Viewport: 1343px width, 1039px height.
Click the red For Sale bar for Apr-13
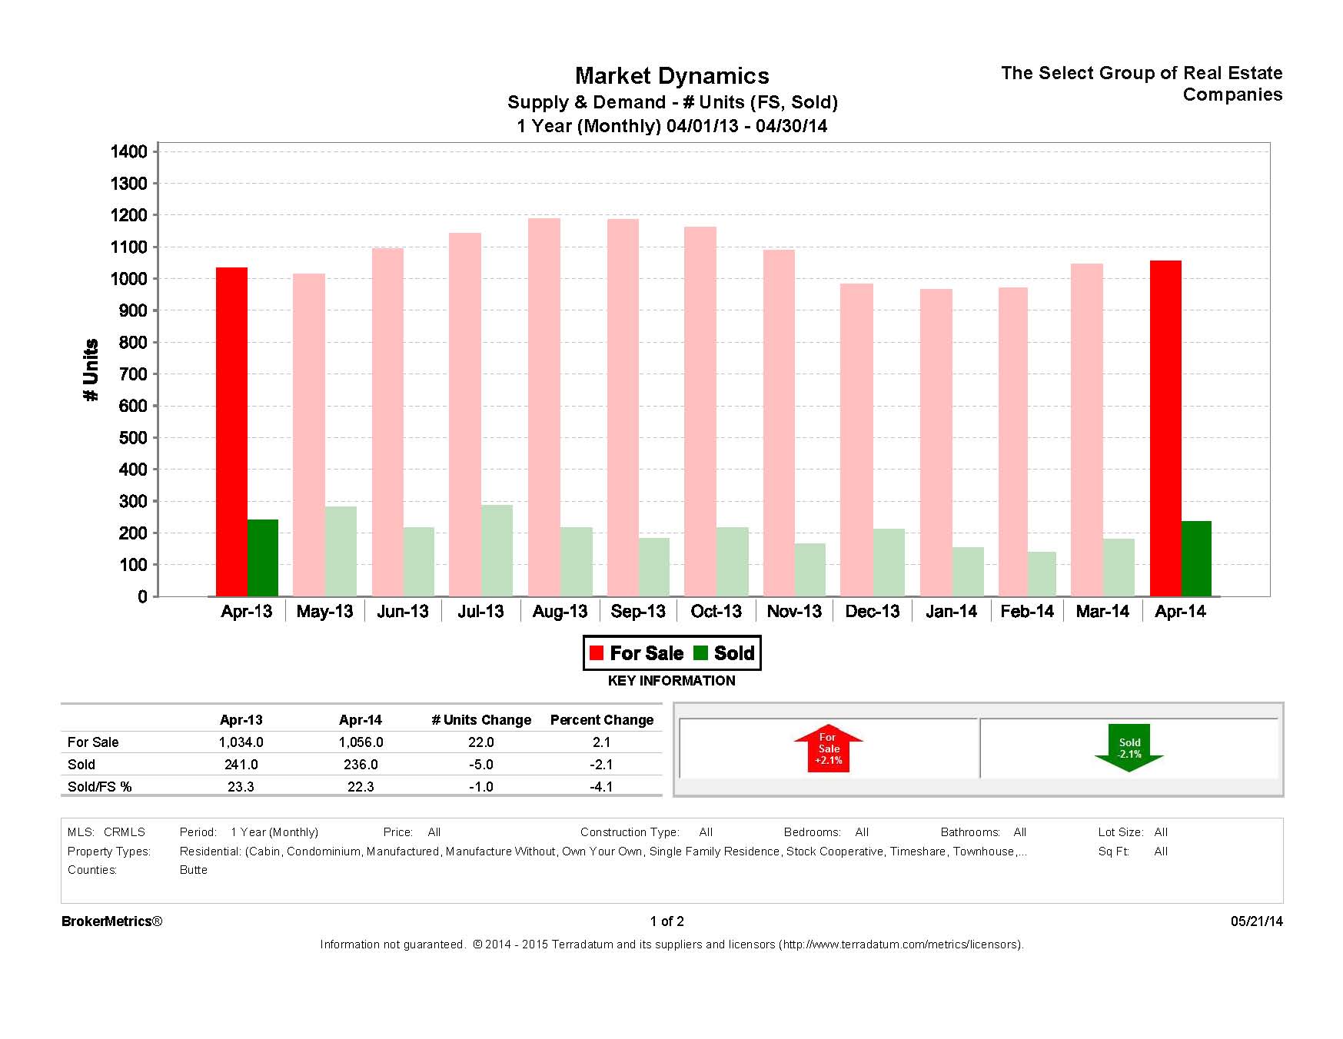[x=231, y=431]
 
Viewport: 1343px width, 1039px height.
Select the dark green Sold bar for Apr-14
[x=1196, y=559]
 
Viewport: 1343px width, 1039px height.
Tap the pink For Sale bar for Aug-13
[x=544, y=407]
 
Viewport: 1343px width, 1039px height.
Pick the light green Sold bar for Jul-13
[x=497, y=550]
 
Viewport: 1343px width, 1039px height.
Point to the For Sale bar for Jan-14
[x=936, y=442]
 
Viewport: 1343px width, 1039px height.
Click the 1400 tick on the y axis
[x=129, y=152]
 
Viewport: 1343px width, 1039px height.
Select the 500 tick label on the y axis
[x=132, y=438]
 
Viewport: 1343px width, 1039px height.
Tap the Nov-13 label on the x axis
[x=794, y=612]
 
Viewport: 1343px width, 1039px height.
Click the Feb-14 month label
[x=1027, y=612]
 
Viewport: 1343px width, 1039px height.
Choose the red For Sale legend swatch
[x=597, y=653]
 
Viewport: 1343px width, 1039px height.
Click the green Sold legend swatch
[x=700, y=653]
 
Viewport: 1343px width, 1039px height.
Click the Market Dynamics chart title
[x=672, y=76]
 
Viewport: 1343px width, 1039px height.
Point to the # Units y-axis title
[x=91, y=370]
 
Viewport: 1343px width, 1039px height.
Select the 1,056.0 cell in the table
[x=361, y=742]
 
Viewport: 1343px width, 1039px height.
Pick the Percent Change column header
[x=601, y=720]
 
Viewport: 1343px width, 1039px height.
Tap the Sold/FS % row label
[x=99, y=787]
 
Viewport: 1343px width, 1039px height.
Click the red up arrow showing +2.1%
[x=829, y=748]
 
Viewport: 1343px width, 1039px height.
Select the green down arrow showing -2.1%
[x=1129, y=748]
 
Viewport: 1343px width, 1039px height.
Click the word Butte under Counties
[x=194, y=870]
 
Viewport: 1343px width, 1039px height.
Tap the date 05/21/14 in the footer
[x=1256, y=921]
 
